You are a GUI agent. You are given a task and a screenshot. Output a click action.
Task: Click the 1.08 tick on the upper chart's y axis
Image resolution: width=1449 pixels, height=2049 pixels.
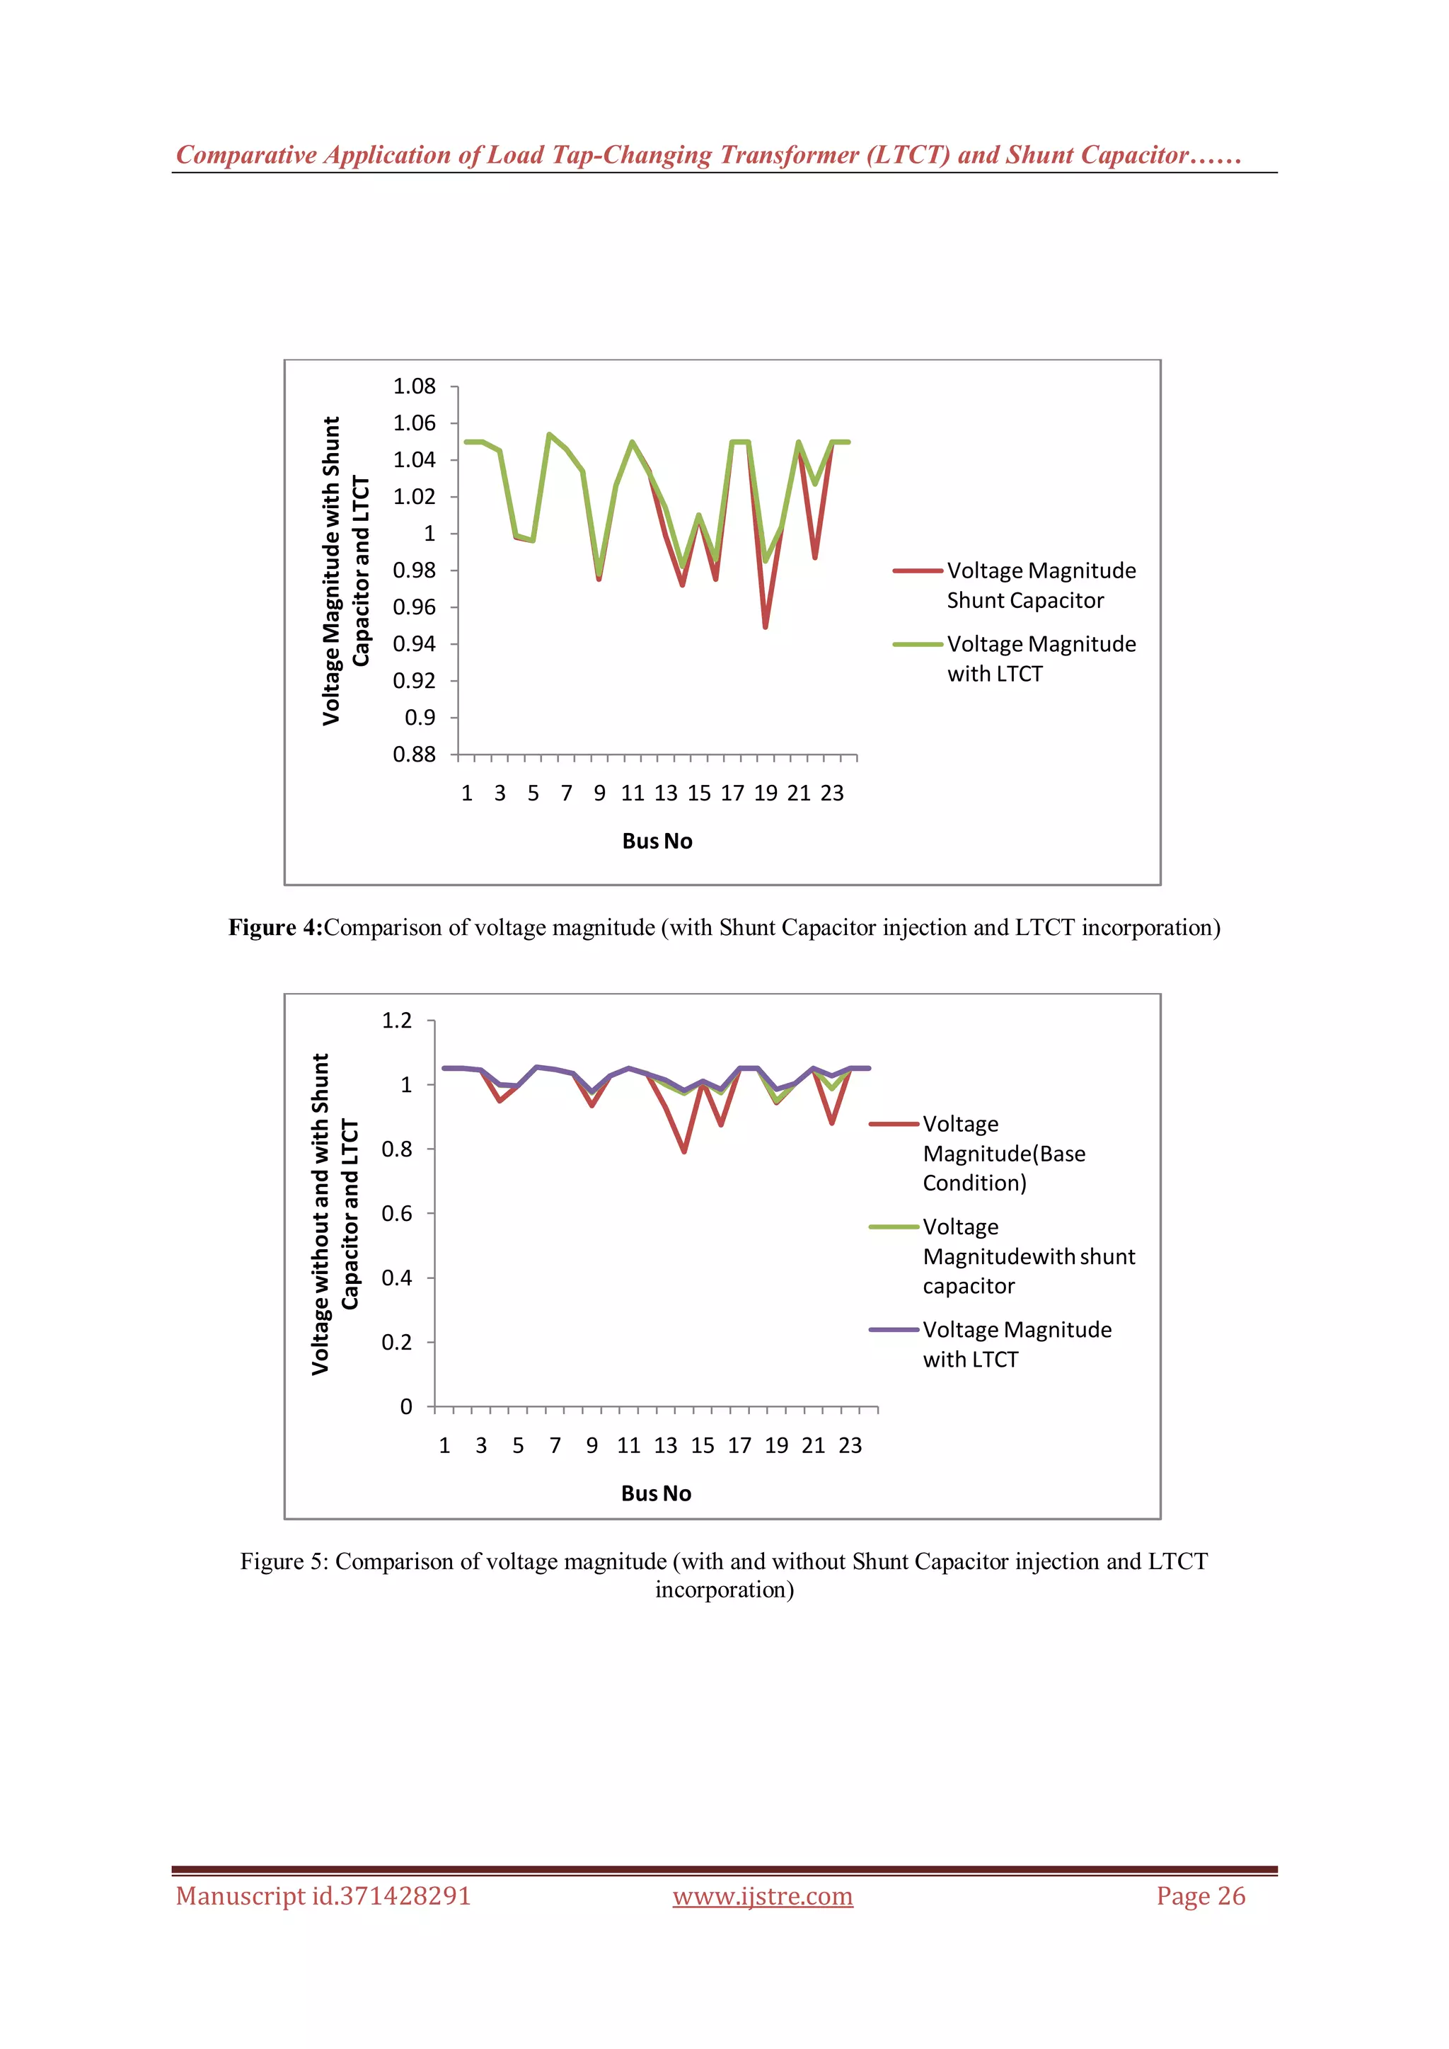point(414,386)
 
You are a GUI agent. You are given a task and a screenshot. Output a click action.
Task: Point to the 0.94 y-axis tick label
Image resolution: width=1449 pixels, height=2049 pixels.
point(414,643)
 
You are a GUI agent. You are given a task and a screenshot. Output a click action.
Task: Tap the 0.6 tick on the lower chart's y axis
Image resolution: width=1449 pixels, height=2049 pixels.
point(397,1214)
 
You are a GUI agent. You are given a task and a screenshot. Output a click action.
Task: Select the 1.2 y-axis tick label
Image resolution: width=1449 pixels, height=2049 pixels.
point(397,1020)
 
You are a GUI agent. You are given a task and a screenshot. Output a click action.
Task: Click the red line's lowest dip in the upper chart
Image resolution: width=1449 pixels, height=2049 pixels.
point(766,626)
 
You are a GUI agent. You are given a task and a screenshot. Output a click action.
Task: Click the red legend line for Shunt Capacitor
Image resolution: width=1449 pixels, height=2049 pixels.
point(917,570)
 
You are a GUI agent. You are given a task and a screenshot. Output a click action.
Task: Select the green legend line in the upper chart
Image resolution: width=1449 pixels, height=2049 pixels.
point(917,644)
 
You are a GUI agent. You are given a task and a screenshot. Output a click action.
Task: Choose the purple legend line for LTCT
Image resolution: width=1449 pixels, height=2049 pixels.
point(893,1330)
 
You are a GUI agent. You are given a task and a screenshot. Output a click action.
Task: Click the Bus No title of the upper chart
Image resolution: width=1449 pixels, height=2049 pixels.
point(657,841)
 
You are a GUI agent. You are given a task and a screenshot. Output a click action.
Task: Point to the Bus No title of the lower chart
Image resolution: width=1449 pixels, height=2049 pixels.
point(656,1493)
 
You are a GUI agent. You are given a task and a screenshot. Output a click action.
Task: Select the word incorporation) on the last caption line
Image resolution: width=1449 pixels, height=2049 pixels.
point(724,1590)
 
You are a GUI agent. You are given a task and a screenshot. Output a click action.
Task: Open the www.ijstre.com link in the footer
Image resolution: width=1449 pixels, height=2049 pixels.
point(763,1895)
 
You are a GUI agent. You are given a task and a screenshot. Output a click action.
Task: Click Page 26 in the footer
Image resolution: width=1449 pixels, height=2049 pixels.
point(1200,1895)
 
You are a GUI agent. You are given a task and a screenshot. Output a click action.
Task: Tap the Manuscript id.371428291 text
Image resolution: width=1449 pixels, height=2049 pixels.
point(323,1895)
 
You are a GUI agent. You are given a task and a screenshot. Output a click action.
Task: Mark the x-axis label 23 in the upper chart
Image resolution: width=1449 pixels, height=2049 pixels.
point(831,793)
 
